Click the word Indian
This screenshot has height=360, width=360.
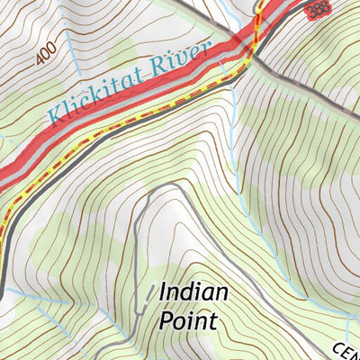pyautogui.click(x=193, y=292)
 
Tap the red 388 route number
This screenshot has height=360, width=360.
pyautogui.click(x=317, y=10)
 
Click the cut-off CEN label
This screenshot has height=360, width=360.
pyautogui.click(x=348, y=351)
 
